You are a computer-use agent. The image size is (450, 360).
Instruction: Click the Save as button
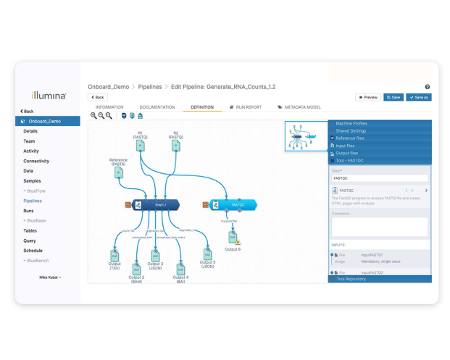pyautogui.click(x=418, y=97)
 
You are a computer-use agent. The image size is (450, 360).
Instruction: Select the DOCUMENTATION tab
pyautogui.click(x=157, y=107)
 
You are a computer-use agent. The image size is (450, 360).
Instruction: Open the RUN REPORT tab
pyautogui.click(x=245, y=107)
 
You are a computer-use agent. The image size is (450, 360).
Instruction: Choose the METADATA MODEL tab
pyautogui.click(x=299, y=107)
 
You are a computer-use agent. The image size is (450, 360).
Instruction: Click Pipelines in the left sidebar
pyautogui.click(x=33, y=201)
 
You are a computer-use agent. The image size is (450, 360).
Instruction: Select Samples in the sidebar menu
pyautogui.click(x=32, y=180)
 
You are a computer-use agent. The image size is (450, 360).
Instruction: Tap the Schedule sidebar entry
pyautogui.click(x=33, y=250)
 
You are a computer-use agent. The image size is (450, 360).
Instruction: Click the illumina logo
pyautogui.click(x=49, y=95)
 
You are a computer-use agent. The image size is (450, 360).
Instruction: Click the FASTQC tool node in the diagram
pyautogui.click(x=233, y=205)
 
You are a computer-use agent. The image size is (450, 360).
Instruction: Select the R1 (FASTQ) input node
pyautogui.click(x=140, y=146)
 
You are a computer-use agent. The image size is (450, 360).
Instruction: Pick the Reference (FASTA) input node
pyautogui.click(x=118, y=175)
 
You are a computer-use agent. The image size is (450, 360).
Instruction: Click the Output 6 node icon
pyautogui.click(x=233, y=237)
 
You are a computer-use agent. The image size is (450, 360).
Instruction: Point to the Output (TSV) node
pyautogui.click(x=114, y=256)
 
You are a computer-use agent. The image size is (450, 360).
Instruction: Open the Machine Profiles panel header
pyautogui.click(x=379, y=123)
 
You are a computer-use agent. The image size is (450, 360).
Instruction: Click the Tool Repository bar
pyautogui.click(x=379, y=279)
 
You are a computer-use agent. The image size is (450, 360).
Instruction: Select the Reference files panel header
pyautogui.click(x=379, y=138)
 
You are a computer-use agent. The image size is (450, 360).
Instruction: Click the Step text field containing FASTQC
pyautogui.click(x=379, y=177)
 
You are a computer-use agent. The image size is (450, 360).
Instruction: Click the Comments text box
pyautogui.click(x=379, y=226)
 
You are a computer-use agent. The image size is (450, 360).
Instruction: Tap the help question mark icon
pyautogui.click(x=428, y=87)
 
